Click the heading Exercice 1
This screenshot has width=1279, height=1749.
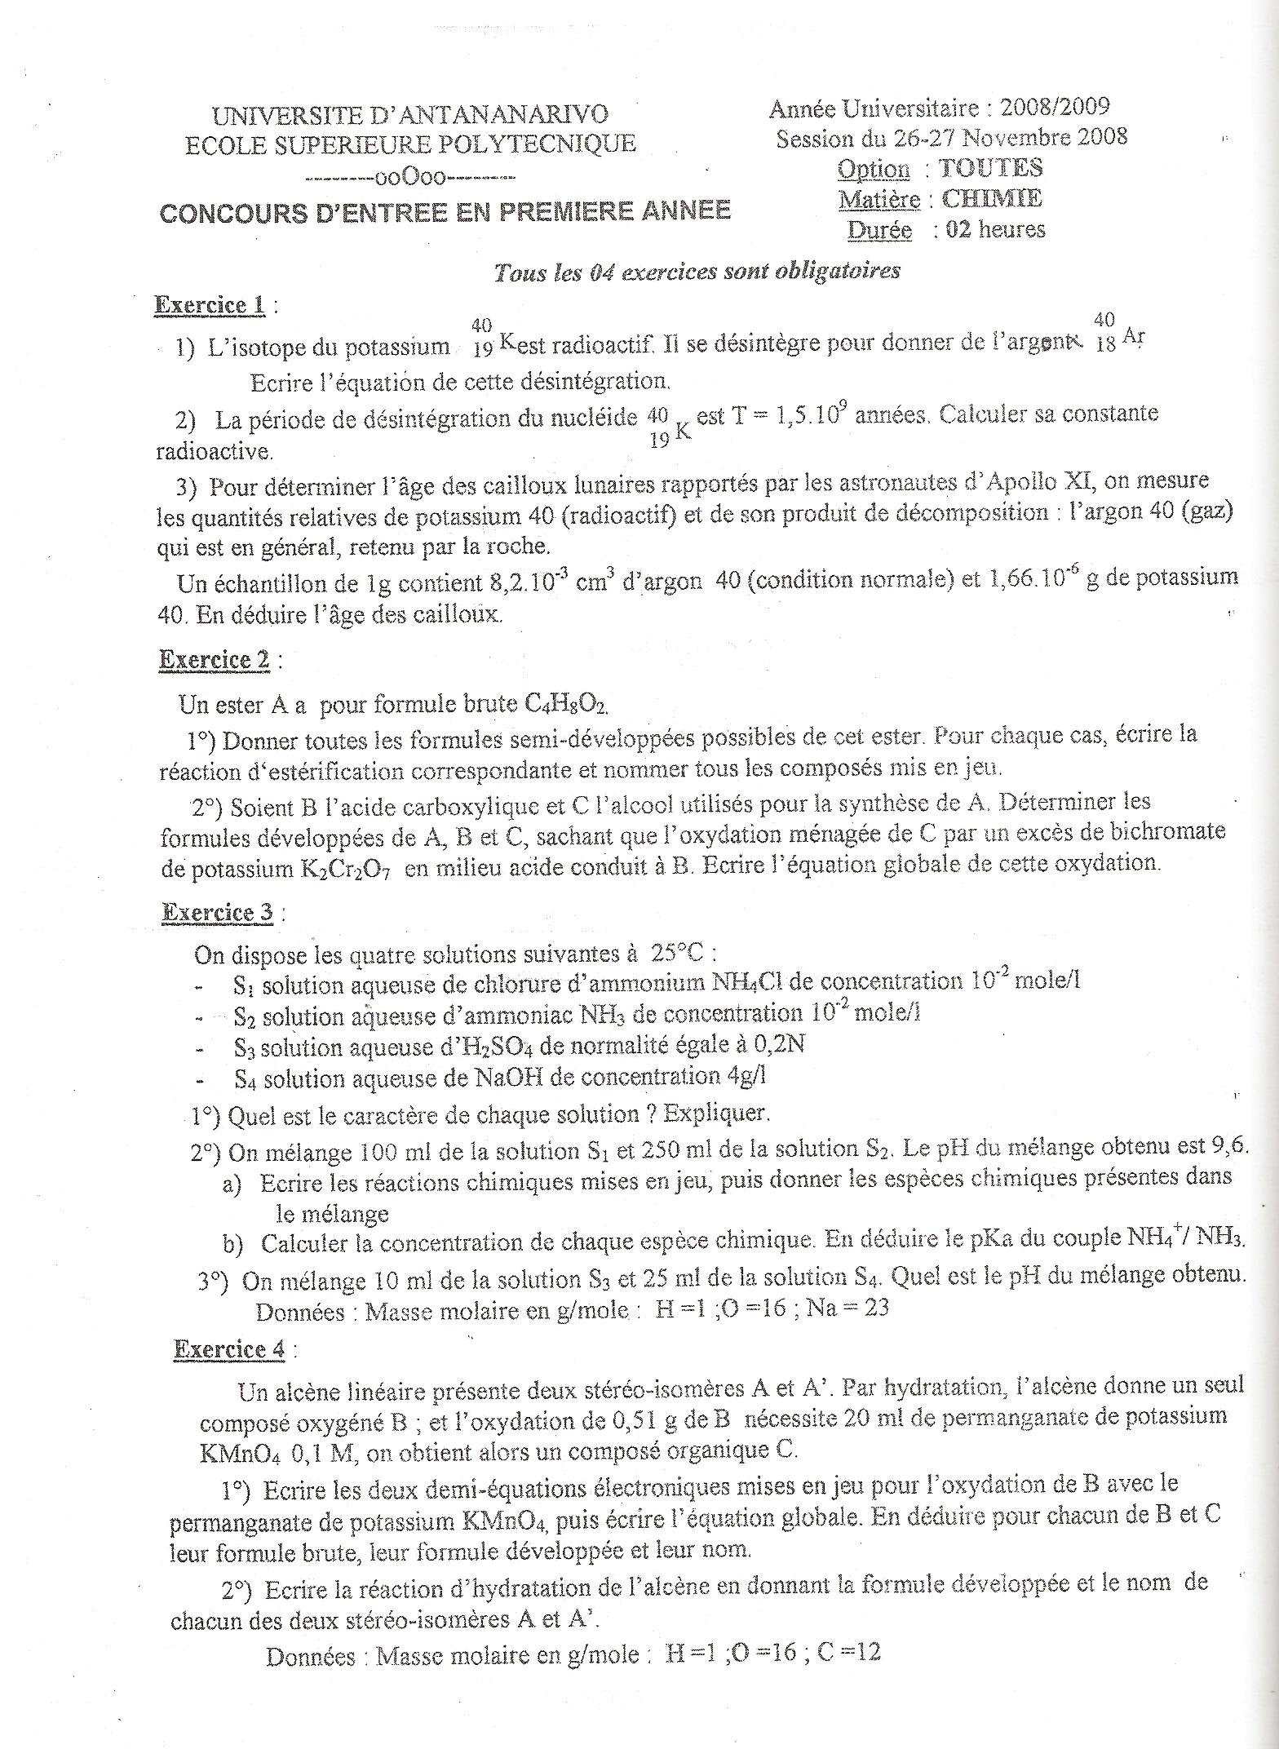(210, 305)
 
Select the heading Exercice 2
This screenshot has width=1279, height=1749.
(214, 659)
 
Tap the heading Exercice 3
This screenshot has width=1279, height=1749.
(217, 912)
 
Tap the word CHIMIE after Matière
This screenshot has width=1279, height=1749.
(992, 198)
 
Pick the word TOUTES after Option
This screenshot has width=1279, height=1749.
(990, 168)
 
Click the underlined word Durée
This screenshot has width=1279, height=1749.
(878, 230)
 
